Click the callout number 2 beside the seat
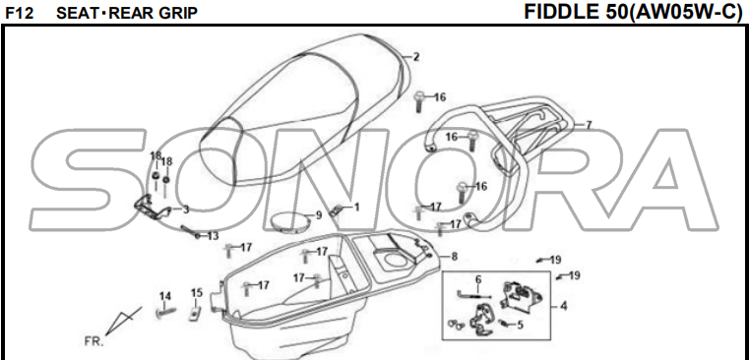pyautogui.click(x=416, y=57)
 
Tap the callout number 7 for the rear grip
pyautogui.click(x=589, y=125)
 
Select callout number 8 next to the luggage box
pyautogui.click(x=455, y=257)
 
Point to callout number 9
pyautogui.click(x=319, y=215)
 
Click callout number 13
pyautogui.click(x=213, y=236)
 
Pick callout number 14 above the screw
pyautogui.click(x=164, y=296)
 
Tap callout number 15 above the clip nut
pyautogui.click(x=197, y=293)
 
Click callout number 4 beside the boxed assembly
pyautogui.click(x=564, y=306)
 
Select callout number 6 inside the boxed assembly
pyautogui.click(x=478, y=279)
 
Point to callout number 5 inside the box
pyautogui.click(x=520, y=326)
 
